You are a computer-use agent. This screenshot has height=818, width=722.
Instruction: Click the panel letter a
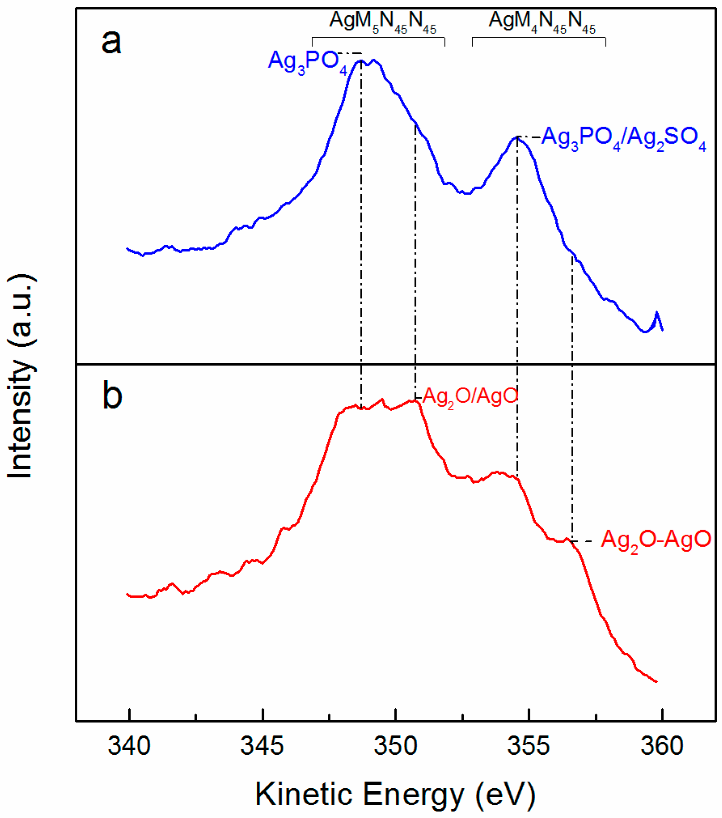tap(111, 42)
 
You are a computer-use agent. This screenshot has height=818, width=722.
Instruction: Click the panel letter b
tap(112, 395)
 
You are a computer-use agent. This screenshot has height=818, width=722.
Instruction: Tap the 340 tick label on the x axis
tap(129, 746)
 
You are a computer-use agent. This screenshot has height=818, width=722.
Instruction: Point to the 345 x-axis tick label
tap(262, 746)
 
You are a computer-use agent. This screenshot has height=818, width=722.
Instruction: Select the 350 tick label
tap(395, 746)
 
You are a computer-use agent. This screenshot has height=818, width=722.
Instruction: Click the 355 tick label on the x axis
tap(528, 746)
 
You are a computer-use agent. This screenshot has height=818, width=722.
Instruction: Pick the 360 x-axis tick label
tap(662, 746)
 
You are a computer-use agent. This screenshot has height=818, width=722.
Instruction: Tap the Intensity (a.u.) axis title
tap(21, 376)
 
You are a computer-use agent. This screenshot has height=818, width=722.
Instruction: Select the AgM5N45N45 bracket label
tap(382, 22)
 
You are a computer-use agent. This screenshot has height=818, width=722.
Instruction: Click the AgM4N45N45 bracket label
tap(542, 22)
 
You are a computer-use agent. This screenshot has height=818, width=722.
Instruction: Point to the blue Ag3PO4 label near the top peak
tap(307, 62)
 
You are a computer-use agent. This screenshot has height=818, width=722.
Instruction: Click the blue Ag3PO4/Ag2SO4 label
tap(623, 138)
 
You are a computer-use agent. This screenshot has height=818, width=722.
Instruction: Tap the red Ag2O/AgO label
tap(470, 396)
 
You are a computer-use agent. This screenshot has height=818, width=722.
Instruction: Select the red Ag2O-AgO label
tap(655, 540)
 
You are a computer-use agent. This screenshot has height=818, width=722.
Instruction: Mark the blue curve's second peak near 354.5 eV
tap(516, 138)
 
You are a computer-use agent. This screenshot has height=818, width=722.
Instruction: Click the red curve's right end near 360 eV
tap(656, 681)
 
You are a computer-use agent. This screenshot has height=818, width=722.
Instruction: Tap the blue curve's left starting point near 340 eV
tap(128, 248)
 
